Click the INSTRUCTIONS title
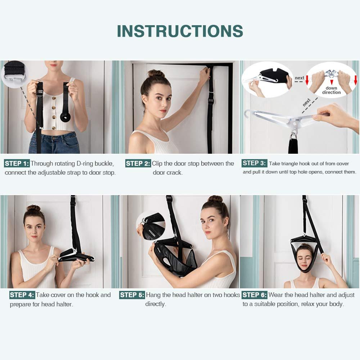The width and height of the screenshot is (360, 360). coord(180,31)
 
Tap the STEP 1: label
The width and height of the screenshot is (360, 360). coord(17,163)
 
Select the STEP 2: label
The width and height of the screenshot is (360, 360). coord(138,163)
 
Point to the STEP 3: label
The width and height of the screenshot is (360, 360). coord(254,163)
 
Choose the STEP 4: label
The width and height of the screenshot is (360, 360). coord(22,295)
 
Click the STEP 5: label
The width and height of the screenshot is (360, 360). coord(132,295)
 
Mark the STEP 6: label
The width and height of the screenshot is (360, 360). coord(255,295)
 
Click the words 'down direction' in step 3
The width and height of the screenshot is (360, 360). coord(331,90)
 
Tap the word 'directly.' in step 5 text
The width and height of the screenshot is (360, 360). coord(156,304)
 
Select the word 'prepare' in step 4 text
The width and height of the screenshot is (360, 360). coord(21,304)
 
